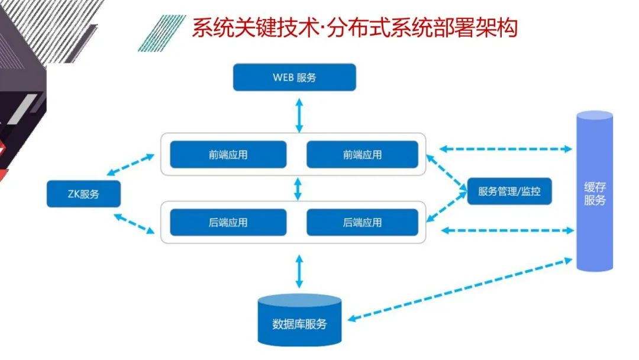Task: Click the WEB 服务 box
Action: (294, 77)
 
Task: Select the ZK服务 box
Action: (83, 194)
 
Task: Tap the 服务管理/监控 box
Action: (509, 191)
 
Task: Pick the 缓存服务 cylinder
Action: (594, 191)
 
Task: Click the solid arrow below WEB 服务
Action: (299, 116)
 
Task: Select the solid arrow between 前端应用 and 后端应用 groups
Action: (298, 188)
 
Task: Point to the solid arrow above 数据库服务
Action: (299, 271)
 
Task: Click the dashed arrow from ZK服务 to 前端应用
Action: (131, 165)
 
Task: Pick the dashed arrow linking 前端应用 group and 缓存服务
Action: (506, 149)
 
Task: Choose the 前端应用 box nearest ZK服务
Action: (228, 155)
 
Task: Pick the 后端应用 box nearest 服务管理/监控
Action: (362, 223)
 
